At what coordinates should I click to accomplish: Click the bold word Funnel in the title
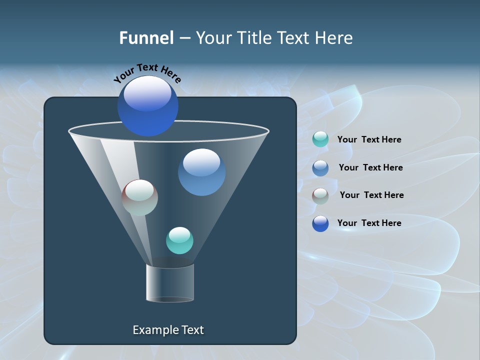pyautogui.click(x=146, y=38)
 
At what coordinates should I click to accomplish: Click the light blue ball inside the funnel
pyautogui.click(x=201, y=172)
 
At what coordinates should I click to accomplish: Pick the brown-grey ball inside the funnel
pyautogui.click(x=139, y=197)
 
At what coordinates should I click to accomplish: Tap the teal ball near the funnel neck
pyautogui.click(x=179, y=240)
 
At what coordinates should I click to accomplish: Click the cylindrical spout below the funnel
pyautogui.click(x=170, y=283)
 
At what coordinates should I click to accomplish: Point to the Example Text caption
pyautogui.click(x=168, y=330)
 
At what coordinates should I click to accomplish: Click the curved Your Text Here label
pyautogui.click(x=147, y=73)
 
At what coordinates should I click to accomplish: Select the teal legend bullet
pyautogui.click(x=320, y=139)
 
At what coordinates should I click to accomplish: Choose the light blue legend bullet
pyautogui.click(x=320, y=168)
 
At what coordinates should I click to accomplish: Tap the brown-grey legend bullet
pyautogui.click(x=320, y=196)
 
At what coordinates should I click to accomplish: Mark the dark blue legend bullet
pyautogui.click(x=320, y=223)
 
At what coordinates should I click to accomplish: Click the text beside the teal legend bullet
pyautogui.click(x=369, y=140)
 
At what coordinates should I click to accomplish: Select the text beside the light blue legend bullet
pyautogui.click(x=370, y=168)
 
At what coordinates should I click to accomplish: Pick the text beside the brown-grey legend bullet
pyautogui.click(x=371, y=195)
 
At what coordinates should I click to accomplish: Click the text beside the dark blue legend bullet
pyautogui.click(x=369, y=223)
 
